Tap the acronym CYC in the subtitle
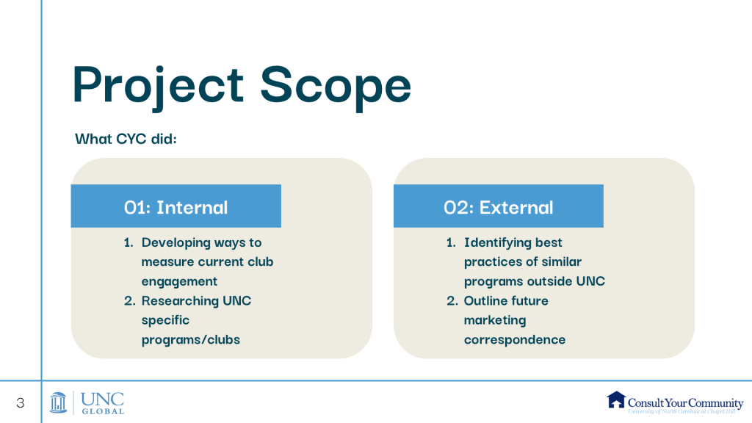[131, 139]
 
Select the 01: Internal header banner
[176, 206]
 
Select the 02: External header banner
[499, 206]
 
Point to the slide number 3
[20, 403]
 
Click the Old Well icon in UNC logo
[59, 402]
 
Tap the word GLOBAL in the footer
[103, 411]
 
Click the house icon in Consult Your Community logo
[616, 399]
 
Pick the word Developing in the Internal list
[176, 242]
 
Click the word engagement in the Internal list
[179, 281]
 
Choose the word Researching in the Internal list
[180, 301]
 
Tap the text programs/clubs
[190, 340]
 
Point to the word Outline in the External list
[484, 300]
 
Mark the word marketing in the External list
[495, 320]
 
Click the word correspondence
[515, 340]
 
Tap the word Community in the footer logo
[714, 403]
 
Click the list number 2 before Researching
[129, 301]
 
